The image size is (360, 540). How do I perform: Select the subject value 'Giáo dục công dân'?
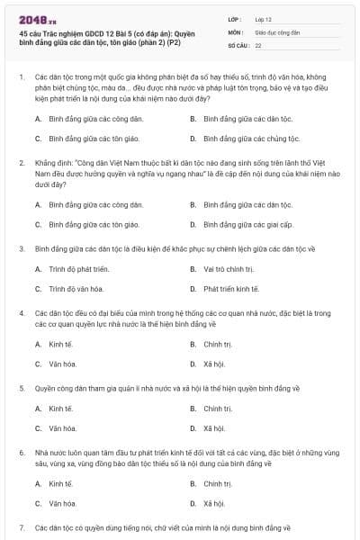point(276,31)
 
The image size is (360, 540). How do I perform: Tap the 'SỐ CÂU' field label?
point(237,44)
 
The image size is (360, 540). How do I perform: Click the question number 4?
point(21,312)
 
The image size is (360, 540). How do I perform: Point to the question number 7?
point(21,526)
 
